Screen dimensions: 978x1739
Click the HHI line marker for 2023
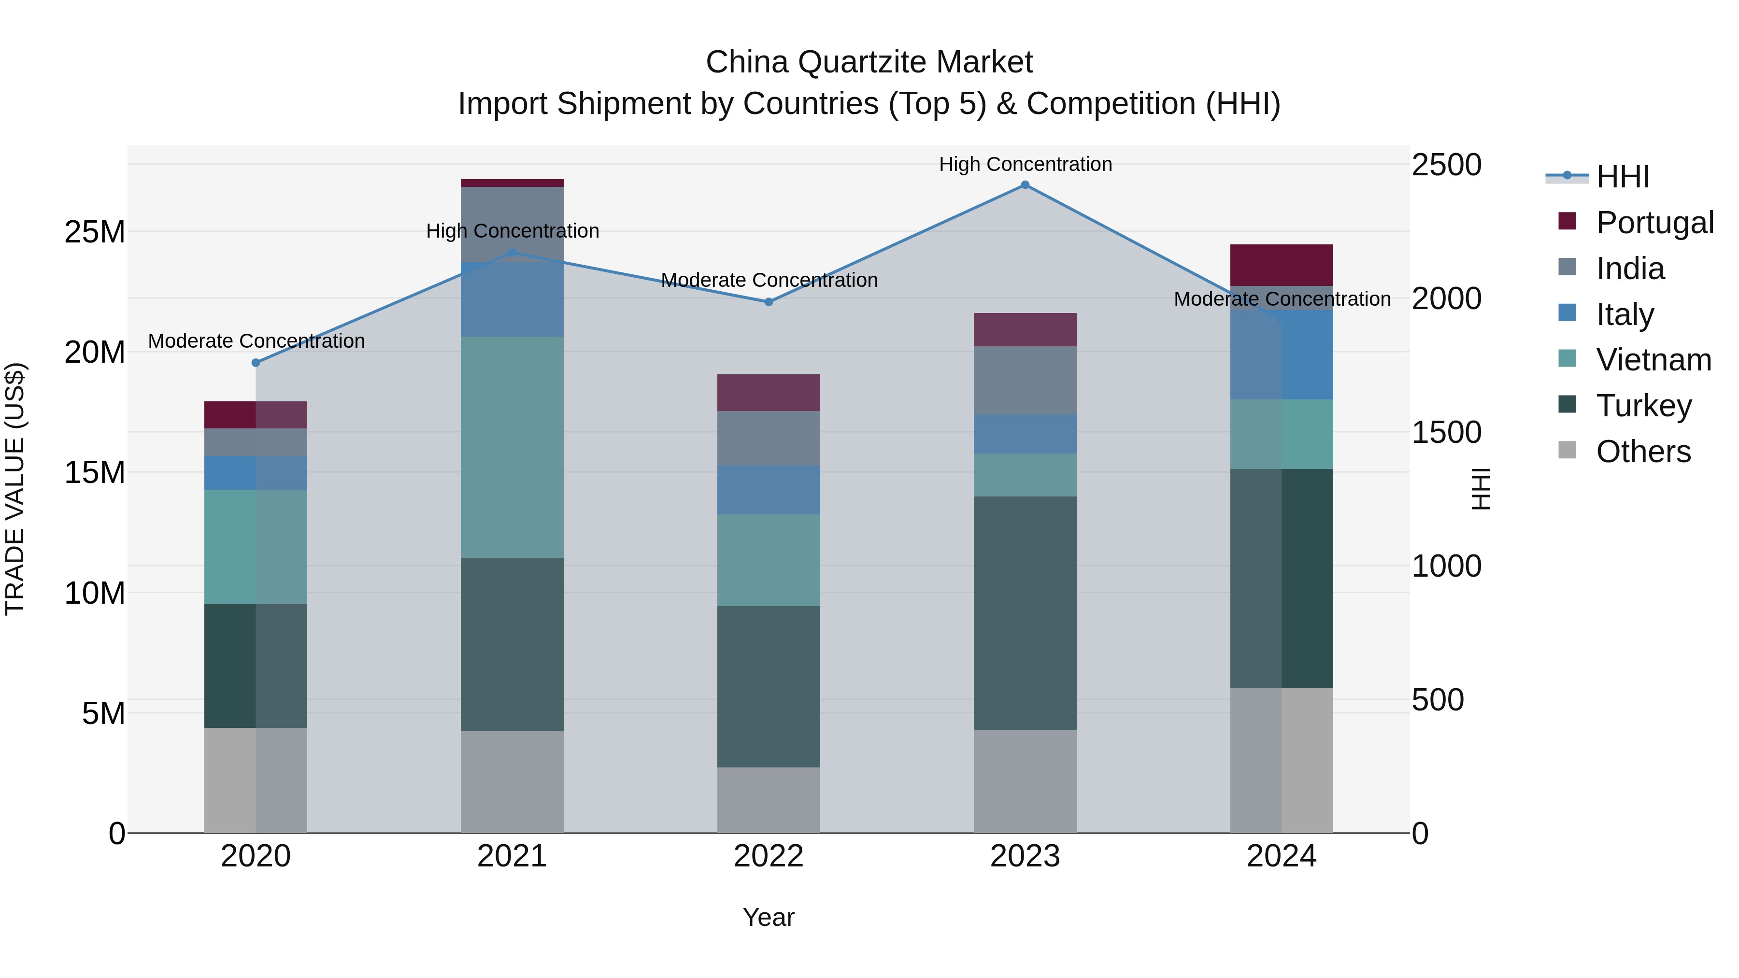(1025, 185)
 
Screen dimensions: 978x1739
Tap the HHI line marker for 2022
(768, 302)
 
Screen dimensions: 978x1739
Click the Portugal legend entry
(1654, 222)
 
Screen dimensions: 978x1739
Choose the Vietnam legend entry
(1653, 360)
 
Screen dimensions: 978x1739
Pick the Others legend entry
(1642, 452)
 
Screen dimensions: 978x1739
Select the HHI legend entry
(1622, 177)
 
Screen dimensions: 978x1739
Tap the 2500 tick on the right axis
(1446, 165)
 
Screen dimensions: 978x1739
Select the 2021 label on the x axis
(512, 856)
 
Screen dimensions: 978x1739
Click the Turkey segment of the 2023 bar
(1025, 613)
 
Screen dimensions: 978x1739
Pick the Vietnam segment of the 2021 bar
(512, 447)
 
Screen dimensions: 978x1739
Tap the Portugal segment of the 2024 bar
(1281, 265)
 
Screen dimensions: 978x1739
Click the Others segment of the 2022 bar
(768, 800)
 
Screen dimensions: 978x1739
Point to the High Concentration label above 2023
(1025, 164)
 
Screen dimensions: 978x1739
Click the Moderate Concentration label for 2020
(256, 341)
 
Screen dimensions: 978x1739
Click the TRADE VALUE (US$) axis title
(15, 489)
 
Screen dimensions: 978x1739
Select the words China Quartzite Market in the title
(869, 62)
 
